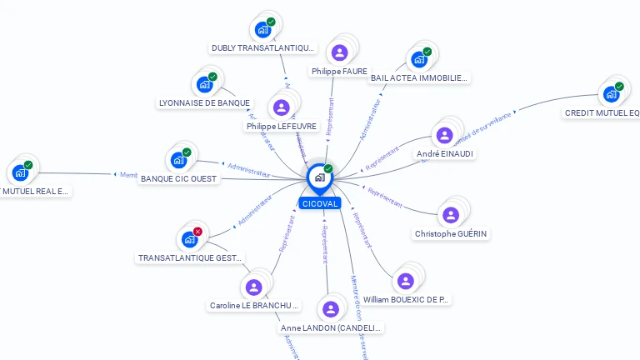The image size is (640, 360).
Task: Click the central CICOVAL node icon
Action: (x=318, y=177)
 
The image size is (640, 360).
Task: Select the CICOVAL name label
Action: (x=320, y=203)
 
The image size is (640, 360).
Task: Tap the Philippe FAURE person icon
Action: (x=339, y=53)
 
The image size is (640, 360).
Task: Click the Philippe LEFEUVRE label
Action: (x=282, y=126)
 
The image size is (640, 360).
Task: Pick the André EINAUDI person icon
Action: (x=444, y=136)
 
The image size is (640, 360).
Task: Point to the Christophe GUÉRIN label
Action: (x=451, y=234)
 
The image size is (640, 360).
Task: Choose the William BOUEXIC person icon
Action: (x=406, y=282)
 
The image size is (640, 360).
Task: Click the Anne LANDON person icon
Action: (x=331, y=309)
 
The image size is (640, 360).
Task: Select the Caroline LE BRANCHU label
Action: (x=253, y=306)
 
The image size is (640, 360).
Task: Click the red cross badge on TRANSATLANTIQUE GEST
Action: (x=197, y=232)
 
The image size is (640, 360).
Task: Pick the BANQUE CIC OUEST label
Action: (x=179, y=178)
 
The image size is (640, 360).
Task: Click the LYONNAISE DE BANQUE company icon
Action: (x=203, y=84)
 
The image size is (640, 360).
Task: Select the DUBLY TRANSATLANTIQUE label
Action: (x=262, y=48)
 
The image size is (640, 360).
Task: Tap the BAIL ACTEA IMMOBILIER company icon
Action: (x=418, y=60)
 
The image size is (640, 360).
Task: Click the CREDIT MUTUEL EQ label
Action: (x=602, y=112)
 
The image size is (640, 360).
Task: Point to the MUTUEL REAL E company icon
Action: (x=18, y=173)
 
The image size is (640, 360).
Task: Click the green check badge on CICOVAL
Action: (x=328, y=168)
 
